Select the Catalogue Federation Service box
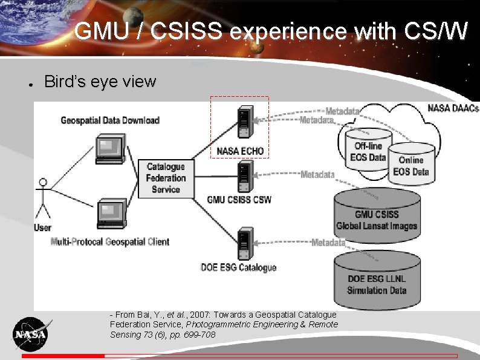[166, 178]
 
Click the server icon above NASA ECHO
[245, 123]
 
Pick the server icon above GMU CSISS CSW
[245, 175]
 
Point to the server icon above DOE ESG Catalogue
[245, 243]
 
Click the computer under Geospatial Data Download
[111, 149]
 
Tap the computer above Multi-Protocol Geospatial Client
[111, 213]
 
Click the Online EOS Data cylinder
[411, 163]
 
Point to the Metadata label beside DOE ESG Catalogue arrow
[328, 243]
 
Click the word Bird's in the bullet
[64, 82]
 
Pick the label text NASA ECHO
[239, 151]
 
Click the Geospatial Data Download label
[110, 120]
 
